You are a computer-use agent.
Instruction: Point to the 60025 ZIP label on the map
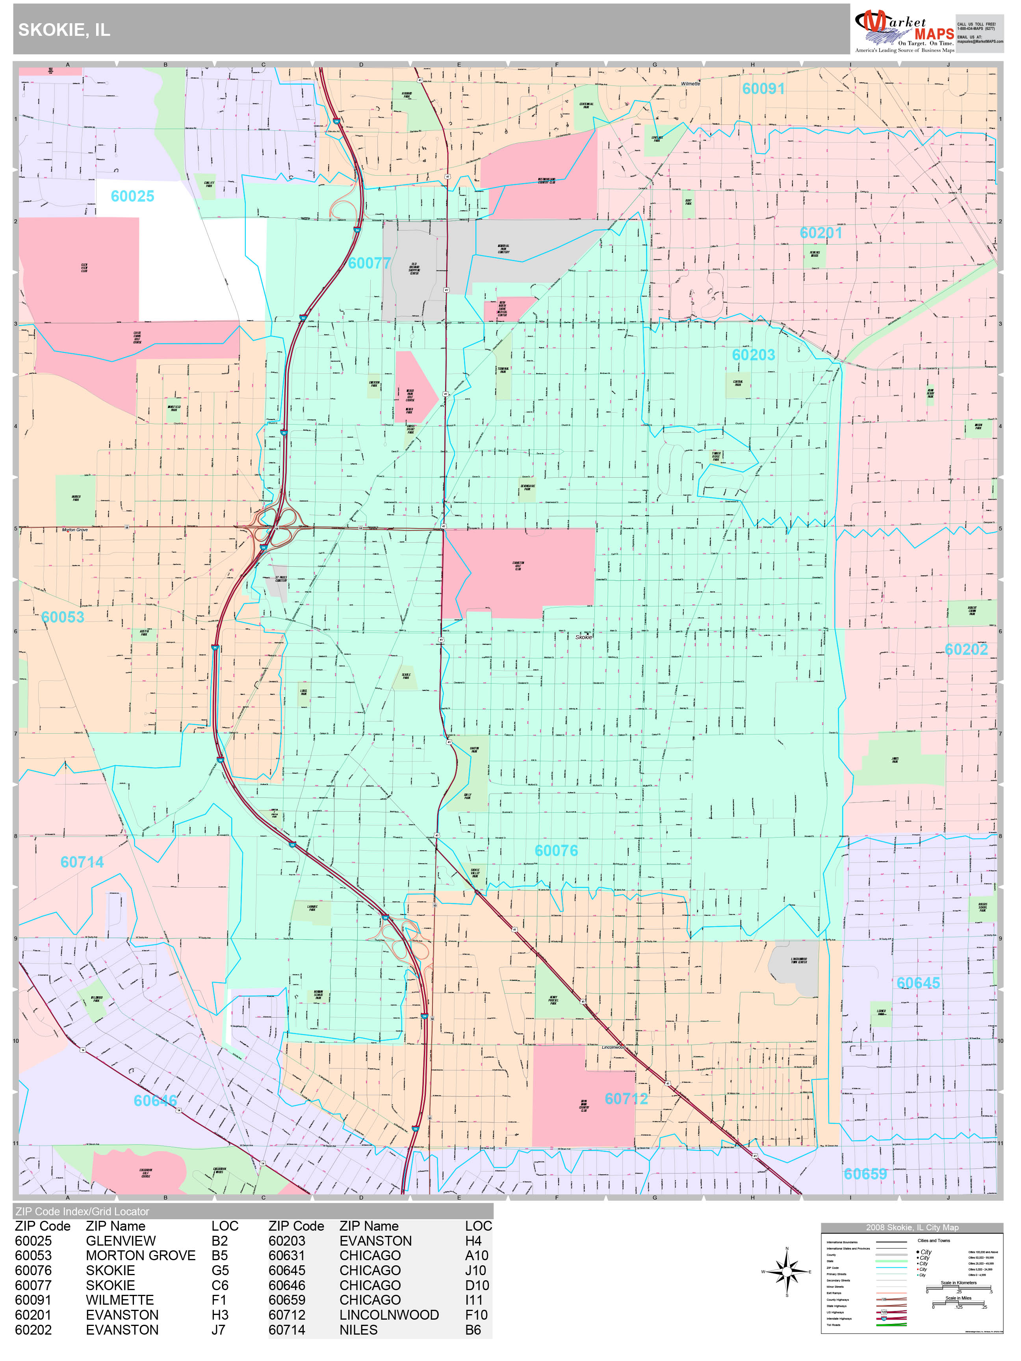pyautogui.click(x=132, y=196)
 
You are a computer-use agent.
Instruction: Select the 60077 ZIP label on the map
pyautogui.click(x=369, y=263)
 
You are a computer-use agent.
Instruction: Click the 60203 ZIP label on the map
pyautogui.click(x=753, y=355)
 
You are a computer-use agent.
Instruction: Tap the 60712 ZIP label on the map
pyautogui.click(x=626, y=1099)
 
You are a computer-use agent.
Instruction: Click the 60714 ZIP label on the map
pyautogui.click(x=82, y=862)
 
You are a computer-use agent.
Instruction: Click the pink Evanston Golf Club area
pyautogui.click(x=518, y=572)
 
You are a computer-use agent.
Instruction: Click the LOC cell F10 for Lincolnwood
pyautogui.click(x=476, y=1315)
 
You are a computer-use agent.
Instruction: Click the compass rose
pyautogui.click(x=787, y=1272)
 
